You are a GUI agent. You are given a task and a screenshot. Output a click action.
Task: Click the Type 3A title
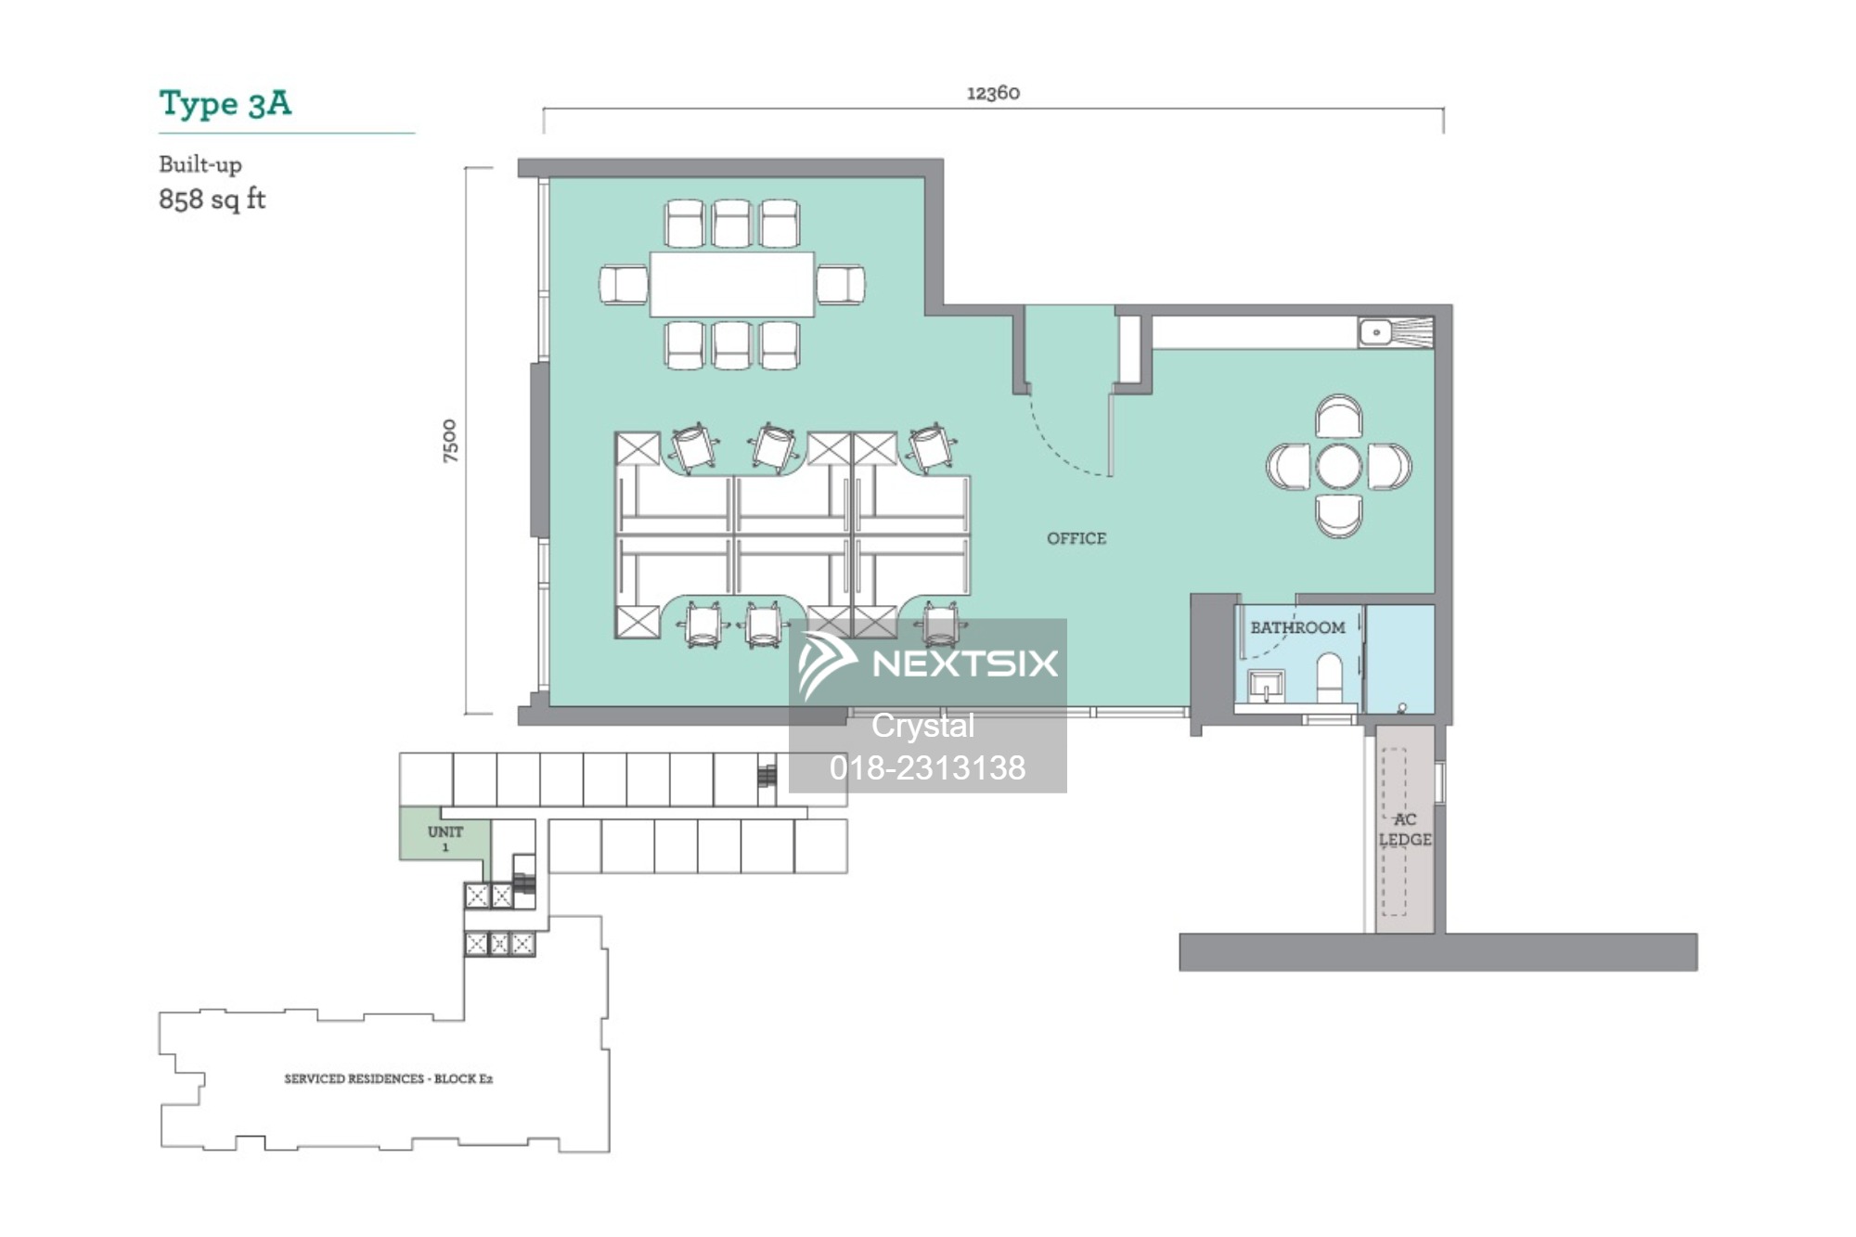[225, 103]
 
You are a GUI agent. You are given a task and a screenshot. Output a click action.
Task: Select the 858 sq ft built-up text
[213, 200]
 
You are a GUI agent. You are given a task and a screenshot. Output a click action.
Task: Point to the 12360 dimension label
[993, 93]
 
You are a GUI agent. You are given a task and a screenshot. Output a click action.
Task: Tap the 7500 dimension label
[450, 441]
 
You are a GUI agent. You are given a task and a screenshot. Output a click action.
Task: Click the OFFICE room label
[1076, 538]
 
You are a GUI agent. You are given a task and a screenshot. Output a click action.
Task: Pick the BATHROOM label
[1297, 627]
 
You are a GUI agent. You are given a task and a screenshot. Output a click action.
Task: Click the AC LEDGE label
[1405, 830]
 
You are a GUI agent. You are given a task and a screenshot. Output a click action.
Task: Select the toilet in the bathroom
[1330, 676]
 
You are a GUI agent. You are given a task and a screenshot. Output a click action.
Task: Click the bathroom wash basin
[1266, 686]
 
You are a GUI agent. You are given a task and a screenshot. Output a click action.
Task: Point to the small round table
[1339, 466]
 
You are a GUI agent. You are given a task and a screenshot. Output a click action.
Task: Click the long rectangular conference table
[732, 284]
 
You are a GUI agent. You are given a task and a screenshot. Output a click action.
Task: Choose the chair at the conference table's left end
[624, 284]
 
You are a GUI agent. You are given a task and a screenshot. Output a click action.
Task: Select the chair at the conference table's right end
[841, 284]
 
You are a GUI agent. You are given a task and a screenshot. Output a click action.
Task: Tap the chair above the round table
[1339, 417]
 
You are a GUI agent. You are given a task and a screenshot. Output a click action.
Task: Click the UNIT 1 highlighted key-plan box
[445, 833]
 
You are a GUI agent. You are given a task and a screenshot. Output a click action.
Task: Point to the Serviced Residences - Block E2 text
[389, 1078]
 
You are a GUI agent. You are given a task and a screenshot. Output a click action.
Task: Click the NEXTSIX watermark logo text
[965, 664]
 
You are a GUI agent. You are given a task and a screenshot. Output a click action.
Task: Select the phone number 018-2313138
[927, 767]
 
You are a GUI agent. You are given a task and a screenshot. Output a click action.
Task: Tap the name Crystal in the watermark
[923, 726]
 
